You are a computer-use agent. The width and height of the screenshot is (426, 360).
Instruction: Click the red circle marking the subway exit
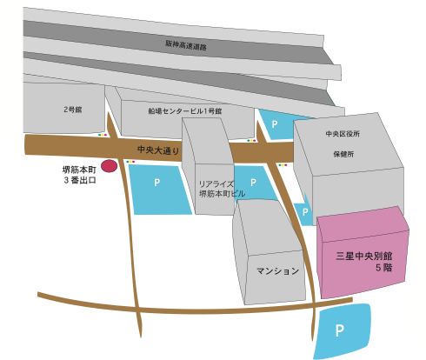[109, 166]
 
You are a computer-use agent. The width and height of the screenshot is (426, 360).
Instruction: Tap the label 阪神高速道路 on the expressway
[186, 45]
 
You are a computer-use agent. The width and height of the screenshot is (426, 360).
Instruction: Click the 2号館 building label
[73, 110]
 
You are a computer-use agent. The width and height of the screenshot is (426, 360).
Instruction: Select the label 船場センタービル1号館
[185, 111]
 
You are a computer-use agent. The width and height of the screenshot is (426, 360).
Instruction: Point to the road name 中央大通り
[158, 150]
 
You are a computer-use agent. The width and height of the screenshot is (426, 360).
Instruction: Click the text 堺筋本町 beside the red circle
[79, 170]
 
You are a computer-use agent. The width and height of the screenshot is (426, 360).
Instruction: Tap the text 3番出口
[80, 180]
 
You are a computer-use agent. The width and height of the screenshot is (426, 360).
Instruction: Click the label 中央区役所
[343, 134]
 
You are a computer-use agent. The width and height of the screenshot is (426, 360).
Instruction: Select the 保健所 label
[343, 154]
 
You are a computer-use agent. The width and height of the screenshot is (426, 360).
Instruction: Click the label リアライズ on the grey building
[216, 184]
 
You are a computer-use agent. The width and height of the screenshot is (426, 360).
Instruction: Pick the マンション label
[277, 271]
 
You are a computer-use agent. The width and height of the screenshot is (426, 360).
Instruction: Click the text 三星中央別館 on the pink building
[364, 256]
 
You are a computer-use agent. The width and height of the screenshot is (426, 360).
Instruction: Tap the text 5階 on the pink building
[384, 268]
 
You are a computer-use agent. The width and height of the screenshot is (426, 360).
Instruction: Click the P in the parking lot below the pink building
[340, 330]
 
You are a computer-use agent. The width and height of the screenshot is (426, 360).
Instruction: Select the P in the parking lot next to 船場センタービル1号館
[275, 124]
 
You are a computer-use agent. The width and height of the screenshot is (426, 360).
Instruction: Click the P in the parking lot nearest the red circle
[156, 183]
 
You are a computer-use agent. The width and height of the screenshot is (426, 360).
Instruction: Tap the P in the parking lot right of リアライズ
[253, 183]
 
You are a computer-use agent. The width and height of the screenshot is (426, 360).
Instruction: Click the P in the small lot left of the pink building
[305, 212]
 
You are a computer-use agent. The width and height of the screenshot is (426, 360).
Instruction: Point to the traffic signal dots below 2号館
[103, 135]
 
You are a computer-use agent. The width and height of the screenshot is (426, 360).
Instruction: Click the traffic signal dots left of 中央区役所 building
[283, 165]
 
